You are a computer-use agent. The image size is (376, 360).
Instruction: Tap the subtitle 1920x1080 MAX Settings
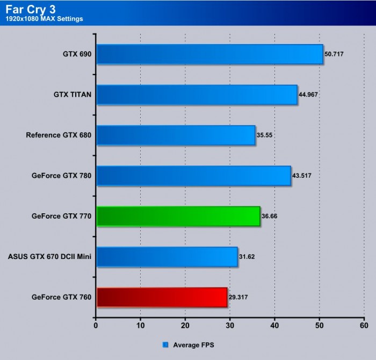coord(45,19)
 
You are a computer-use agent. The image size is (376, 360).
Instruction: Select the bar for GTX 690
coord(209,54)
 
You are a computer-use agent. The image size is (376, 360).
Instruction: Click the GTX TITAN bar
coord(197,95)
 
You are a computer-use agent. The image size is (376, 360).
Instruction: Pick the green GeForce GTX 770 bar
coord(178,217)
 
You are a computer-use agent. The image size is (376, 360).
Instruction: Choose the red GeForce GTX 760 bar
coord(162,297)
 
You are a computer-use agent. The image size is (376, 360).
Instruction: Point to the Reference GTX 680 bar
coord(176,135)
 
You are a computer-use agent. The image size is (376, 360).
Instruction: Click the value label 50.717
coord(336,55)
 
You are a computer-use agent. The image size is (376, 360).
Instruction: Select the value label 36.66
coord(271,217)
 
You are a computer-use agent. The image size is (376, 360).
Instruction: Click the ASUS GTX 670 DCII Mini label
coord(49,256)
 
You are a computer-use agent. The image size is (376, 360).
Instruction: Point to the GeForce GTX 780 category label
coord(61,176)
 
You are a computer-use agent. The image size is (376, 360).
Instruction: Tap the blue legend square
coord(165,344)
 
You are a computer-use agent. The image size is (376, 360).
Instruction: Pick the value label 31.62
coord(248,257)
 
